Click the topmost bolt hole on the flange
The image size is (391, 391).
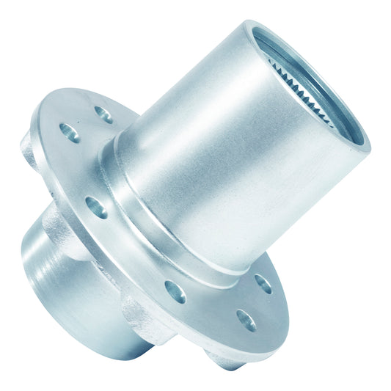pyautogui.click(x=103, y=115)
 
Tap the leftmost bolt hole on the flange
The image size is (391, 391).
pyautogui.click(x=70, y=133)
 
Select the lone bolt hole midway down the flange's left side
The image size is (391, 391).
pyautogui.click(x=96, y=206)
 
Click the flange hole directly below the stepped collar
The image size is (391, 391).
pyautogui.click(x=175, y=290)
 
